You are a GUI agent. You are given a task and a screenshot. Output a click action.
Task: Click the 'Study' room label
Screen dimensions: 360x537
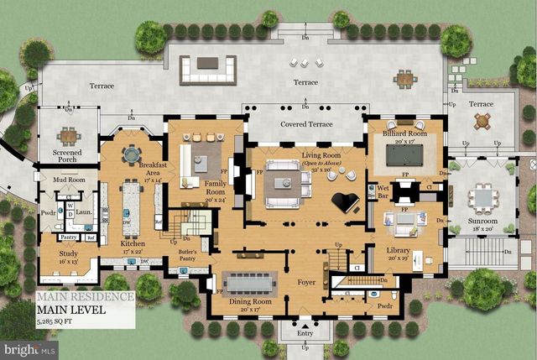pyautogui.click(x=68, y=257)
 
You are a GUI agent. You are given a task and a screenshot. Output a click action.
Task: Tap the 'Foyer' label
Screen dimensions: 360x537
pyautogui.click(x=306, y=282)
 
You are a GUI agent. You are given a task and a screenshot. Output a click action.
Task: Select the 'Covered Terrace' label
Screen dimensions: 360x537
pyautogui.click(x=306, y=124)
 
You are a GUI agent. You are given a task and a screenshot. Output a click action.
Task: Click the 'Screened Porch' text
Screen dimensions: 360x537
pyautogui.click(x=67, y=157)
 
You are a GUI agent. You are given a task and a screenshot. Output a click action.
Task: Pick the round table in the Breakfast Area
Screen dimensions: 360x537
pyautogui.click(x=132, y=154)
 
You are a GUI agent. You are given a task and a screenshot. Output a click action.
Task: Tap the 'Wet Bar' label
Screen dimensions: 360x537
pyautogui.click(x=382, y=192)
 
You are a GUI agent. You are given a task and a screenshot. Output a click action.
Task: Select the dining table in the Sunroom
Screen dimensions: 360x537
pyautogui.click(x=483, y=198)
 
